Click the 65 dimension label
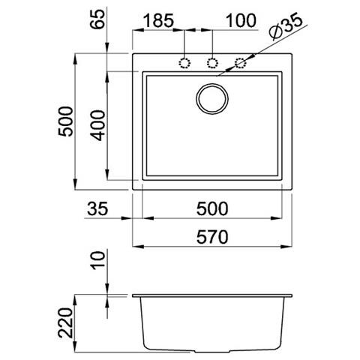(x=97, y=19)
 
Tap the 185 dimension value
(x=159, y=21)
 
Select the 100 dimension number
(x=241, y=21)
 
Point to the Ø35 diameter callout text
(x=285, y=27)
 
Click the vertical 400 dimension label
(x=97, y=125)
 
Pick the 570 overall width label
(x=212, y=237)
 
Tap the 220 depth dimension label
(x=65, y=323)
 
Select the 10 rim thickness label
(x=97, y=260)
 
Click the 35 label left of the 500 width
(x=97, y=208)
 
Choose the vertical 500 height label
(x=65, y=121)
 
